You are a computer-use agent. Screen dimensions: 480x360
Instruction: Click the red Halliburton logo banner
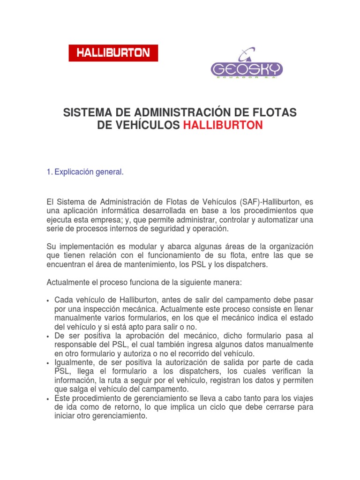click(x=113, y=53)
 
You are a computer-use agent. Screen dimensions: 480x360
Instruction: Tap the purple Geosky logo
click(x=247, y=66)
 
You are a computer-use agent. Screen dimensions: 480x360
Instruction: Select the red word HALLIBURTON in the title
click(x=223, y=125)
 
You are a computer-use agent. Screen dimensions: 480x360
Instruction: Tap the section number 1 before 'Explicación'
click(x=49, y=172)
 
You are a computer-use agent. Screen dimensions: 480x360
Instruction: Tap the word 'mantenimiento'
click(x=142, y=264)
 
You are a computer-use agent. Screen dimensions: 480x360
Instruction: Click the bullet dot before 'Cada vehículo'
click(x=48, y=300)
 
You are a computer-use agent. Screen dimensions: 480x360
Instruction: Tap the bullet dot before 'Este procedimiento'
click(x=48, y=399)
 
